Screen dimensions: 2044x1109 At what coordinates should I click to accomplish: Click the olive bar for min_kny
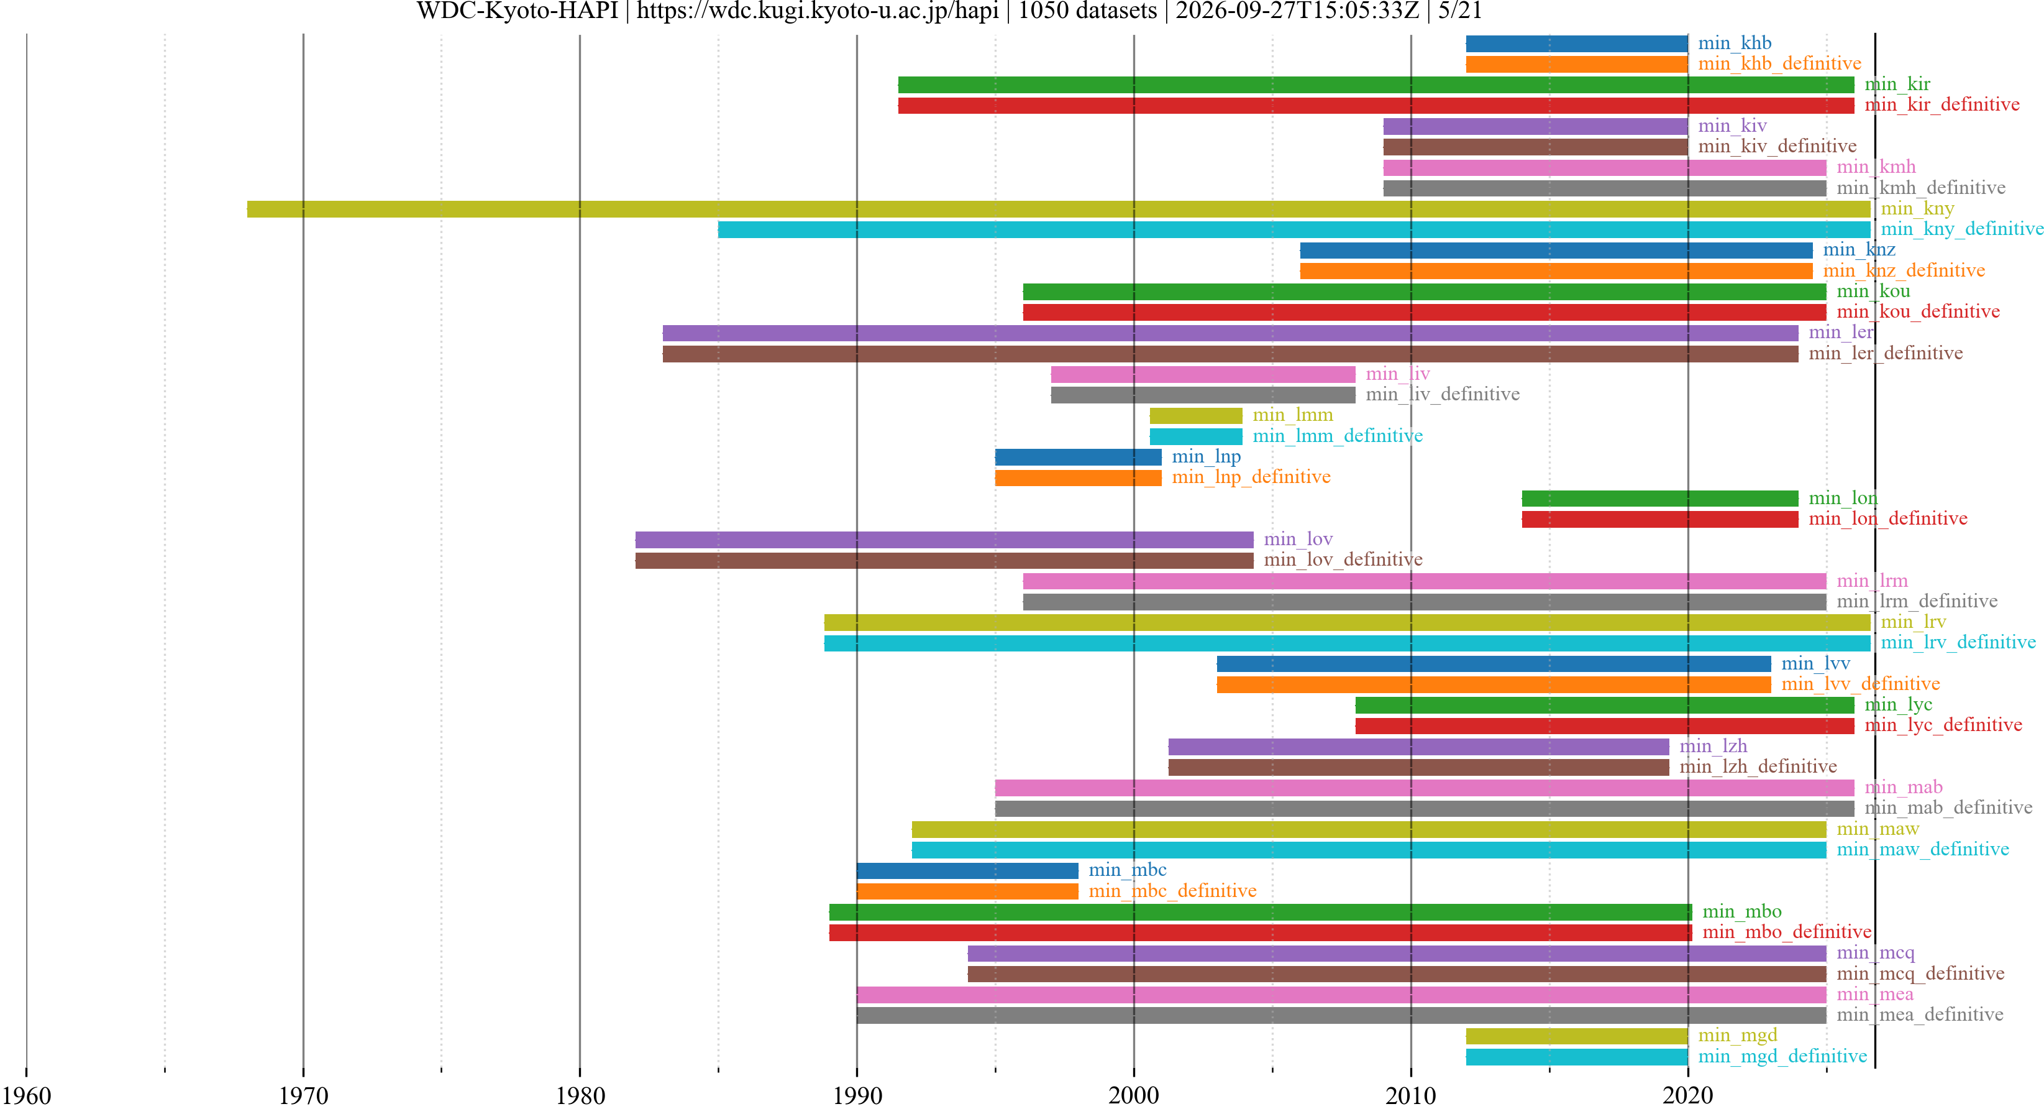[x=1059, y=209]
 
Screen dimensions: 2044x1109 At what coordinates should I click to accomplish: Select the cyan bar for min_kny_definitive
[x=1294, y=229]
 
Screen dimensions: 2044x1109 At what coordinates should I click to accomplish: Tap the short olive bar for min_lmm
[x=1196, y=415]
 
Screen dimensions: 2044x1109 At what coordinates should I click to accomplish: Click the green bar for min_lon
[x=1660, y=499]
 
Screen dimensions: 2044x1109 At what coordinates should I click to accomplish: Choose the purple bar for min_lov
[x=944, y=540]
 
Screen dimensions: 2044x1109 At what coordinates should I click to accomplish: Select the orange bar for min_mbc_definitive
[x=967, y=891]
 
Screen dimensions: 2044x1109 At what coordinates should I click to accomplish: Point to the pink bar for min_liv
[x=1203, y=374]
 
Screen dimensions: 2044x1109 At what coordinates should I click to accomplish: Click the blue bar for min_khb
[x=1577, y=44]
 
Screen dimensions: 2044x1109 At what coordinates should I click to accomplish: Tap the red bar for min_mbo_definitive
[x=1261, y=933]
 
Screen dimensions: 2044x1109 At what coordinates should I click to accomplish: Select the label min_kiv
[x=1732, y=126]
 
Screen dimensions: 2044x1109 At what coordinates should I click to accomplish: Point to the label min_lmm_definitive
[x=1338, y=436]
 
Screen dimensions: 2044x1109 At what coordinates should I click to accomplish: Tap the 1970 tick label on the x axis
[x=303, y=1097]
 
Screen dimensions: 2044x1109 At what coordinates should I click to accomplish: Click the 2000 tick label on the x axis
[x=1134, y=1097]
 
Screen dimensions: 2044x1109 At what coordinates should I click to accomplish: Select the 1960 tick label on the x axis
[x=26, y=1097]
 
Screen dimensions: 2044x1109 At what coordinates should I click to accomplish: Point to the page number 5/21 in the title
[x=1460, y=11]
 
